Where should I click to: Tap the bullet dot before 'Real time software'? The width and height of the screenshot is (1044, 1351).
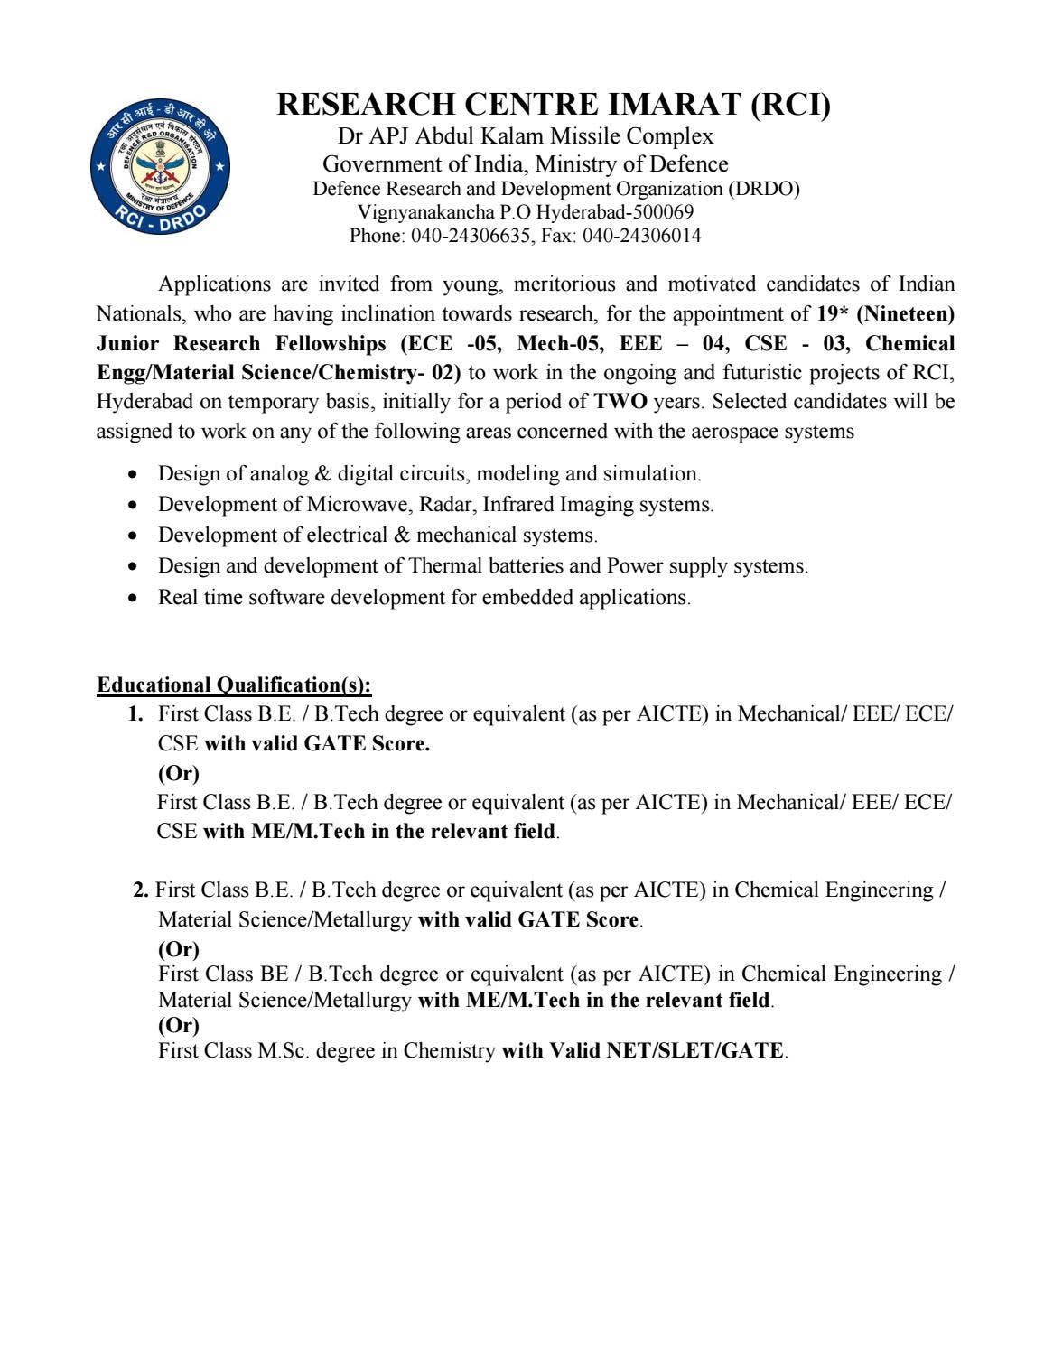pyautogui.click(x=133, y=598)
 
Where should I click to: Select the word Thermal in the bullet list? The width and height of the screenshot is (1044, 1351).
pyautogui.click(x=445, y=566)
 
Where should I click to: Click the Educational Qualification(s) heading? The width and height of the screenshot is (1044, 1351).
pyautogui.click(x=234, y=685)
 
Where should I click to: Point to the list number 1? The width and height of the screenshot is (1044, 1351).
pyautogui.click(x=135, y=714)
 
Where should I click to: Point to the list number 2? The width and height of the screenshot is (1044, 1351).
pyautogui.click(x=141, y=890)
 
